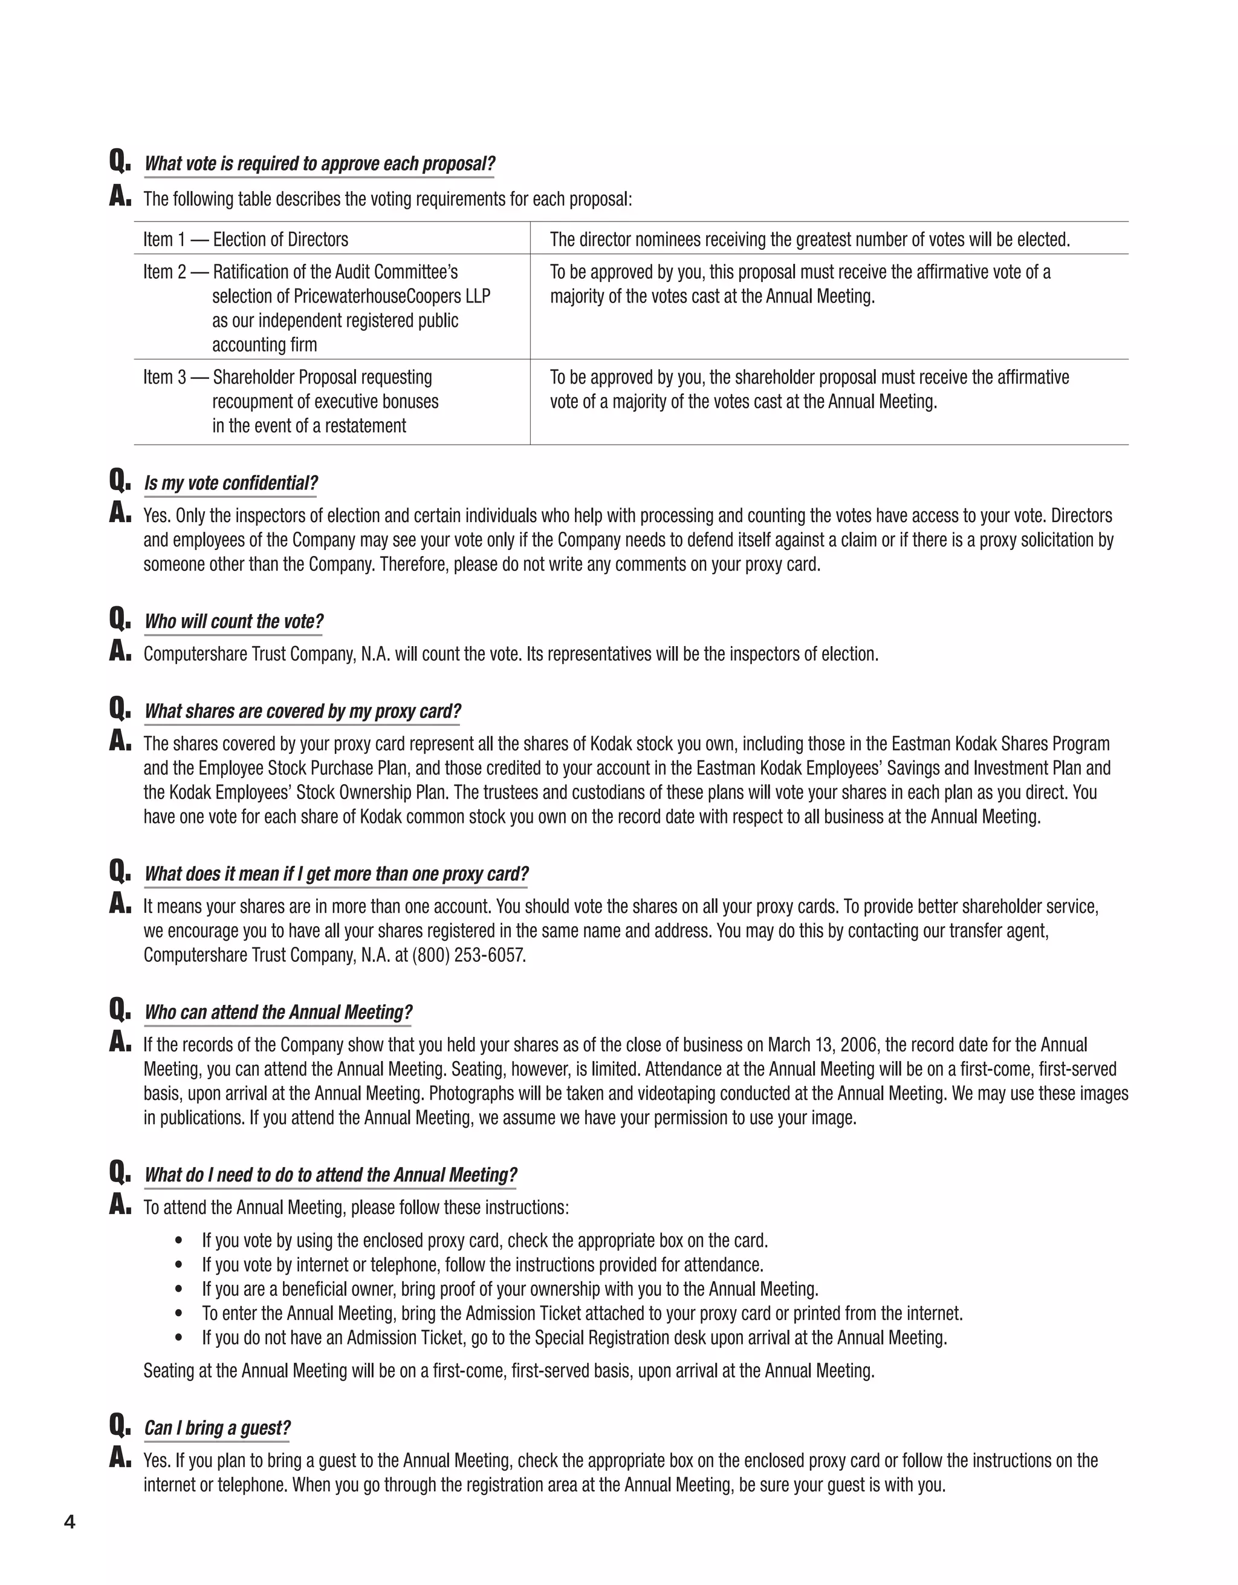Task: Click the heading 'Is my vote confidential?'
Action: (231, 483)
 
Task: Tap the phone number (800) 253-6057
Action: (468, 955)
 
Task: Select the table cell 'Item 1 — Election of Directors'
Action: (246, 240)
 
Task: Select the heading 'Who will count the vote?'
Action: (233, 621)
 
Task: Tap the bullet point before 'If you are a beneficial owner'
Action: (179, 1290)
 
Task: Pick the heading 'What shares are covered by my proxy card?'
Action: (302, 711)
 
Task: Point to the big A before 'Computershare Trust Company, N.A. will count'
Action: (120, 652)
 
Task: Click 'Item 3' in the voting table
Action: (164, 377)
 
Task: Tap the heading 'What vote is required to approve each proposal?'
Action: (319, 163)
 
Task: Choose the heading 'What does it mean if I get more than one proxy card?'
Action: (337, 874)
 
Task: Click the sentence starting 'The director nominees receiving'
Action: (809, 240)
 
